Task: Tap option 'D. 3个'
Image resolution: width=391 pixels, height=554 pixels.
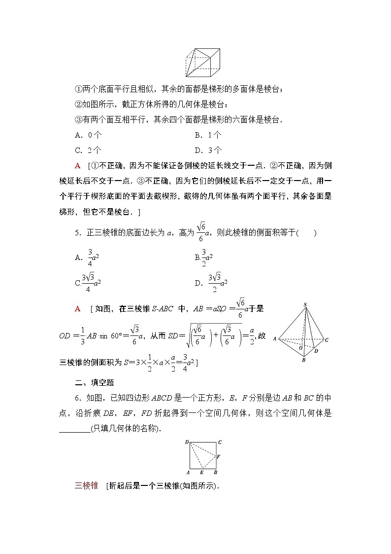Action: pos(208,150)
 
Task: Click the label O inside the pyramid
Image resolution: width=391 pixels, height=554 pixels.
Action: pos(300,348)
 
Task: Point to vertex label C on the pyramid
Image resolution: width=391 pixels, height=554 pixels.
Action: pos(326,340)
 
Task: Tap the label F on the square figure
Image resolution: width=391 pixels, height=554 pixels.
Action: pos(218,457)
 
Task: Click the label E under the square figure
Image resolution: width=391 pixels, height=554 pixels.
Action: pos(202,472)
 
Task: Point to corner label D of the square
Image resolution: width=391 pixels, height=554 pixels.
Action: pos(187,442)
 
